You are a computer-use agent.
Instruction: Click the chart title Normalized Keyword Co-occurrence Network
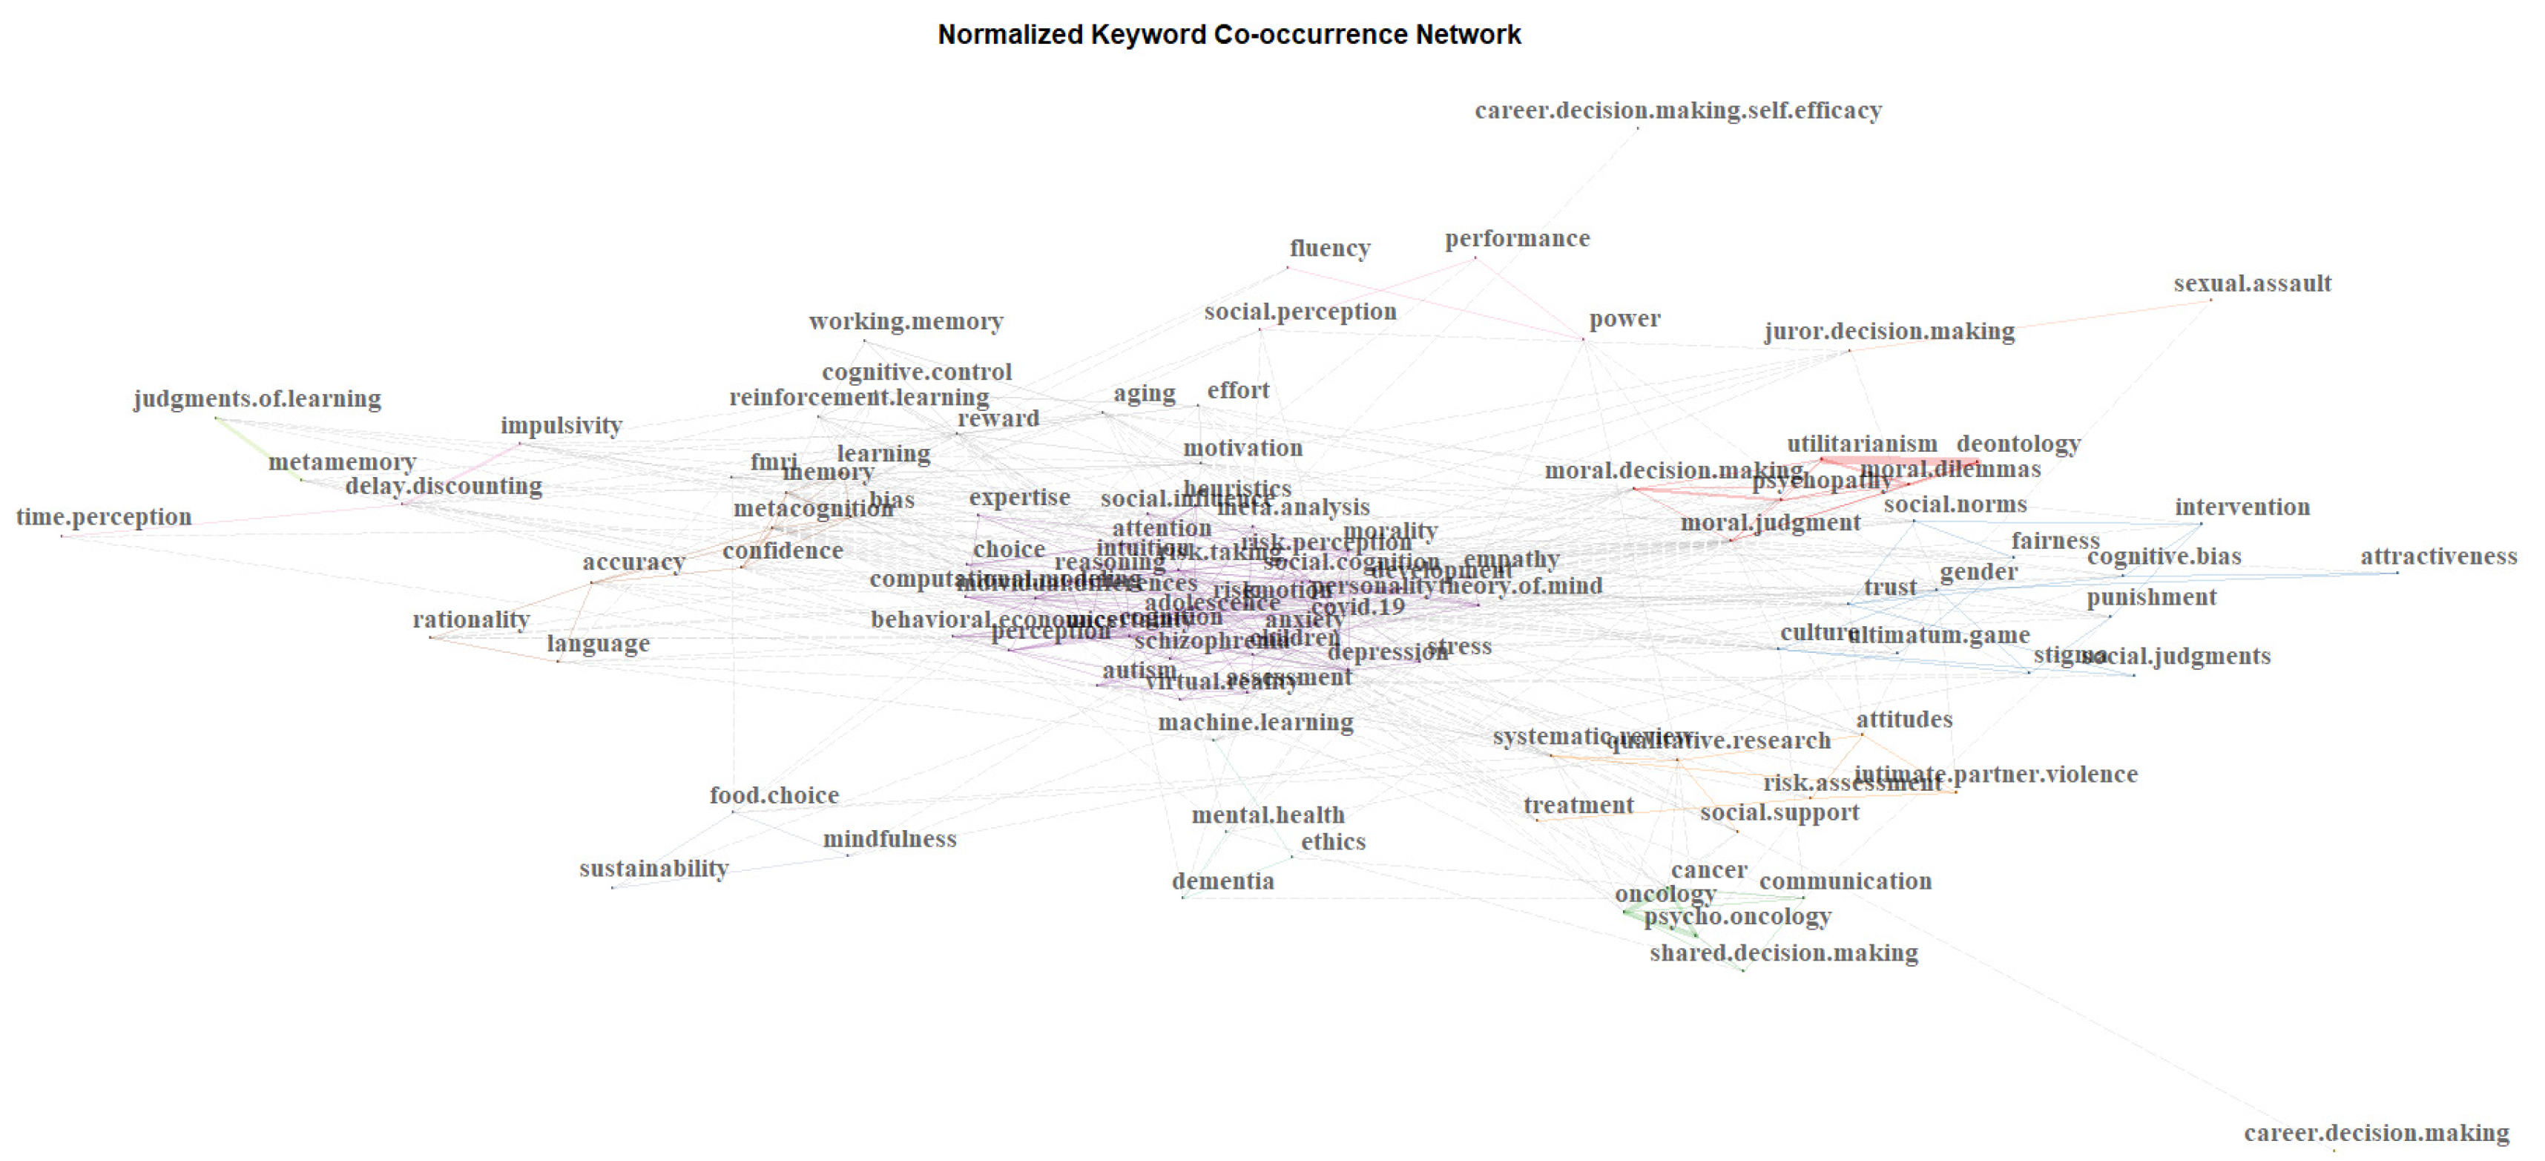(x=1228, y=35)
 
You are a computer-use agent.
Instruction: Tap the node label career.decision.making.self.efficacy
(x=1678, y=110)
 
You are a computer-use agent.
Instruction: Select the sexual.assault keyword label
(x=2251, y=283)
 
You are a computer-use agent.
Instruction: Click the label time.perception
(x=104, y=517)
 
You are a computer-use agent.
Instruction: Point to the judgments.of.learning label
(x=257, y=398)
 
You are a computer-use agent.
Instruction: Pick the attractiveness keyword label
(x=2438, y=556)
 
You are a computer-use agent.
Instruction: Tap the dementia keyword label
(x=1222, y=881)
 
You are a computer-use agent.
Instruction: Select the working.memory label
(x=905, y=321)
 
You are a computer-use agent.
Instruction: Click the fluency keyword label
(x=1330, y=248)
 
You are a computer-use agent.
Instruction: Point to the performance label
(x=1516, y=238)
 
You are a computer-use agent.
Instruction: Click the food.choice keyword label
(x=774, y=795)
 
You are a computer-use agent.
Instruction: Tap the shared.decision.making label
(x=1783, y=953)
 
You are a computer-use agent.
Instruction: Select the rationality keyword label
(x=470, y=619)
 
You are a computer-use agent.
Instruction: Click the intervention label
(x=2242, y=507)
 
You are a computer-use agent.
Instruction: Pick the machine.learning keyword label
(x=1255, y=723)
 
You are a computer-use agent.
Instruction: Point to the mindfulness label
(x=889, y=839)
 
